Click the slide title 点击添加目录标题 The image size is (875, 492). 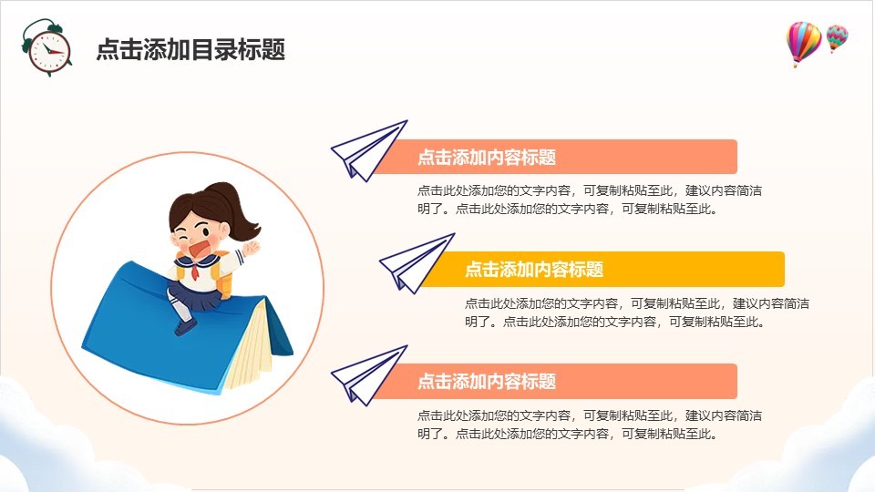[190, 49]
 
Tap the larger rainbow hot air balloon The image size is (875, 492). [803, 44]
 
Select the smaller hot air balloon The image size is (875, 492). [837, 37]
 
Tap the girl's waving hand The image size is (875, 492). [252, 247]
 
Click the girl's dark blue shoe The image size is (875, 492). [185, 327]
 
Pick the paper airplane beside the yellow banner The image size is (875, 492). [417, 263]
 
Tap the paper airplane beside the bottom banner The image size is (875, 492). [368, 375]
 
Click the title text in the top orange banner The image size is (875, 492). [487, 158]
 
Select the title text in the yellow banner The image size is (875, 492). [534, 270]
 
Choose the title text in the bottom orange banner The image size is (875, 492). [487, 382]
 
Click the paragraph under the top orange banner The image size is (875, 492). [590, 200]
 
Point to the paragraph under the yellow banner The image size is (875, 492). [637, 313]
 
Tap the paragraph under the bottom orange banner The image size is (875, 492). [590, 425]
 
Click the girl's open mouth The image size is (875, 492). [200, 248]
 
